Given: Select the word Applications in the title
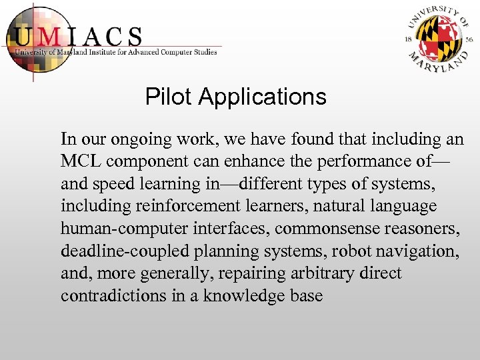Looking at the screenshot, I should (262, 98).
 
